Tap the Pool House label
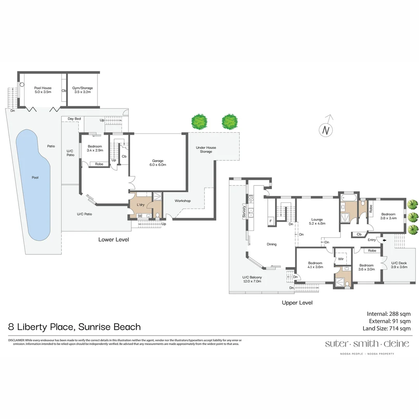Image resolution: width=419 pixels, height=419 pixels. [x=43, y=90]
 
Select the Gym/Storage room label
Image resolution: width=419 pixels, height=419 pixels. [x=82, y=90]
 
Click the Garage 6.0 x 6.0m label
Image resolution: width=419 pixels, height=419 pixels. [x=158, y=163]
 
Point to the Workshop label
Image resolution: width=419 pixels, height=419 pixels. [x=182, y=201]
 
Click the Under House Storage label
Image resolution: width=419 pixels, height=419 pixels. [x=206, y=149]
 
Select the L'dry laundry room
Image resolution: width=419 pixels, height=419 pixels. [x=140, y=204]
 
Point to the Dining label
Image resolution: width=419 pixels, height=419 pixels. [x=272, y=244]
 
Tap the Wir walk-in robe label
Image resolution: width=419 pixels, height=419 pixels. [x=341, y=258]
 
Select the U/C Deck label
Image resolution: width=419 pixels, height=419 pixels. [x=398, y=265]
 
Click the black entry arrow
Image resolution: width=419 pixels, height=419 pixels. [x=384, y=241]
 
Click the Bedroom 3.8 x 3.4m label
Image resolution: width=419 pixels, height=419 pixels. [x=388, y=216]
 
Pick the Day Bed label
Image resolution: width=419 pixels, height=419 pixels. [x=74, y=119]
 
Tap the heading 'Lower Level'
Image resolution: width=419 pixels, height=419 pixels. [x=113, y=239]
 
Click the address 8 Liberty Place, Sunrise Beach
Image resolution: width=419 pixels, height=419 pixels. [x=74, y=327]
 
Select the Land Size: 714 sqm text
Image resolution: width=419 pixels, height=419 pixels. [x=386, y=329]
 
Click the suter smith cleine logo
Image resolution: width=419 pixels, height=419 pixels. [x=361, y=344]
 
